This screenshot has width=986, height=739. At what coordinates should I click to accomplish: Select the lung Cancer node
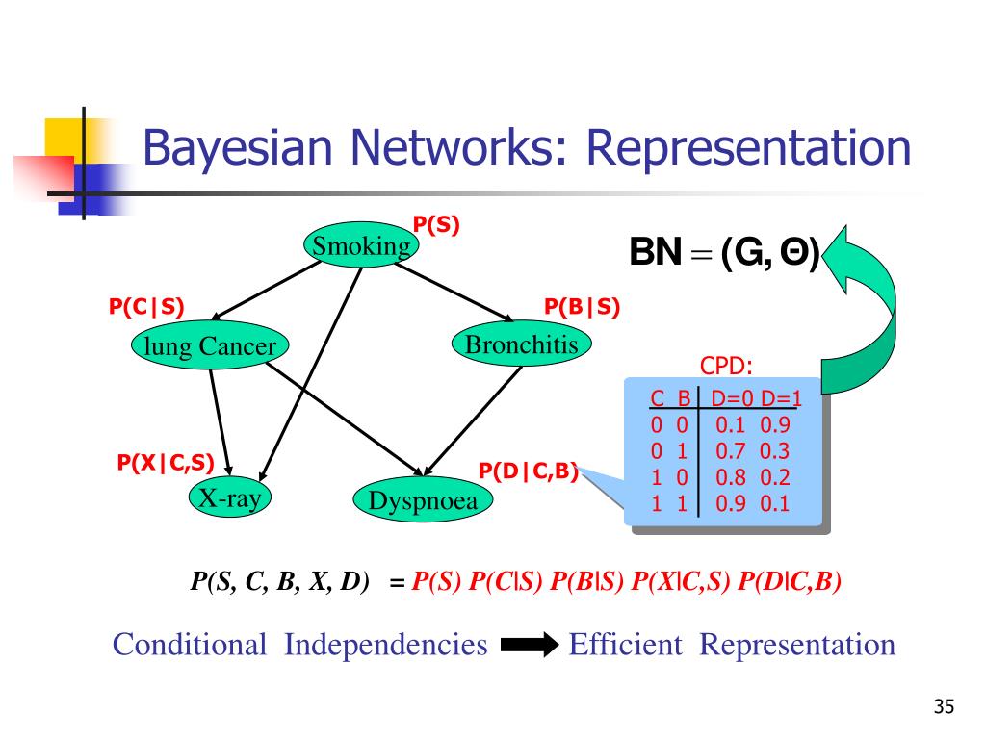coord(210,346)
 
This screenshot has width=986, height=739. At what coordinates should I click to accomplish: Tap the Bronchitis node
coord(522,344)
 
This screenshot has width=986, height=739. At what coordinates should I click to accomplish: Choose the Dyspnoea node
coord(423,500)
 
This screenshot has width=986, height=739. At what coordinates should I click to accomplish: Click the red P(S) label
coord(436,225)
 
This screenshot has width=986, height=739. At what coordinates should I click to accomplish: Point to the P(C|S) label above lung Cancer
coord(146,306)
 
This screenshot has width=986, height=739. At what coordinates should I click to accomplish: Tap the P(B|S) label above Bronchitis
coord(582,306)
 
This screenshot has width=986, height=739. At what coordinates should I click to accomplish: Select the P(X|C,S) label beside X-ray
coord(166,463)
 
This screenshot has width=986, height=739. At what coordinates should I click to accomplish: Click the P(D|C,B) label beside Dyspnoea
coord(529,471)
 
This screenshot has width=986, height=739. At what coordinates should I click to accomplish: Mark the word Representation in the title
coord(749,149)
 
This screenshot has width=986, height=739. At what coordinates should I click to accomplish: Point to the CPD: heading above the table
coord(725,368)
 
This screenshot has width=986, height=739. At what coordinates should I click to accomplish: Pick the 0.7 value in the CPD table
coord(731,450)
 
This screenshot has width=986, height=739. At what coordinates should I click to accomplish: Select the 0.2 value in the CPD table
coord(774,476)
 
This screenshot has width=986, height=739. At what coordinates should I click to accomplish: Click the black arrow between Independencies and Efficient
coord(529,645)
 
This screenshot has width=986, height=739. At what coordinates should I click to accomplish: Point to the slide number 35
coord(943,708)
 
